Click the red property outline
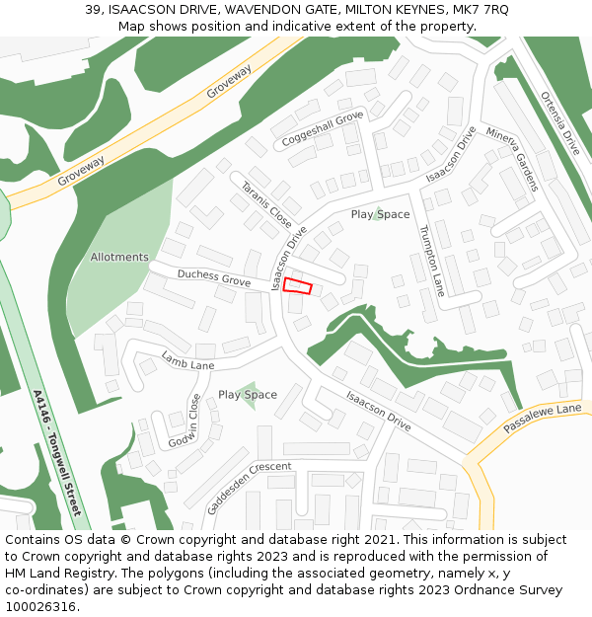[x=297, y=286]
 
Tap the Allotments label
[x=119, y=258]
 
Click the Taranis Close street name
[x=266, y=204]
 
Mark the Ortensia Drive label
[x=560, y=122]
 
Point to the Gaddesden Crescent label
[x=250, y=488]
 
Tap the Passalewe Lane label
[x=543, y=422]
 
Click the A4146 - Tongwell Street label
[x=58, y=452]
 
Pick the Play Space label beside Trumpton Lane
[x=380, y=214]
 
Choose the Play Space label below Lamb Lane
[x=248, y=395]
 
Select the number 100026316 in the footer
[x=40, y=606]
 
